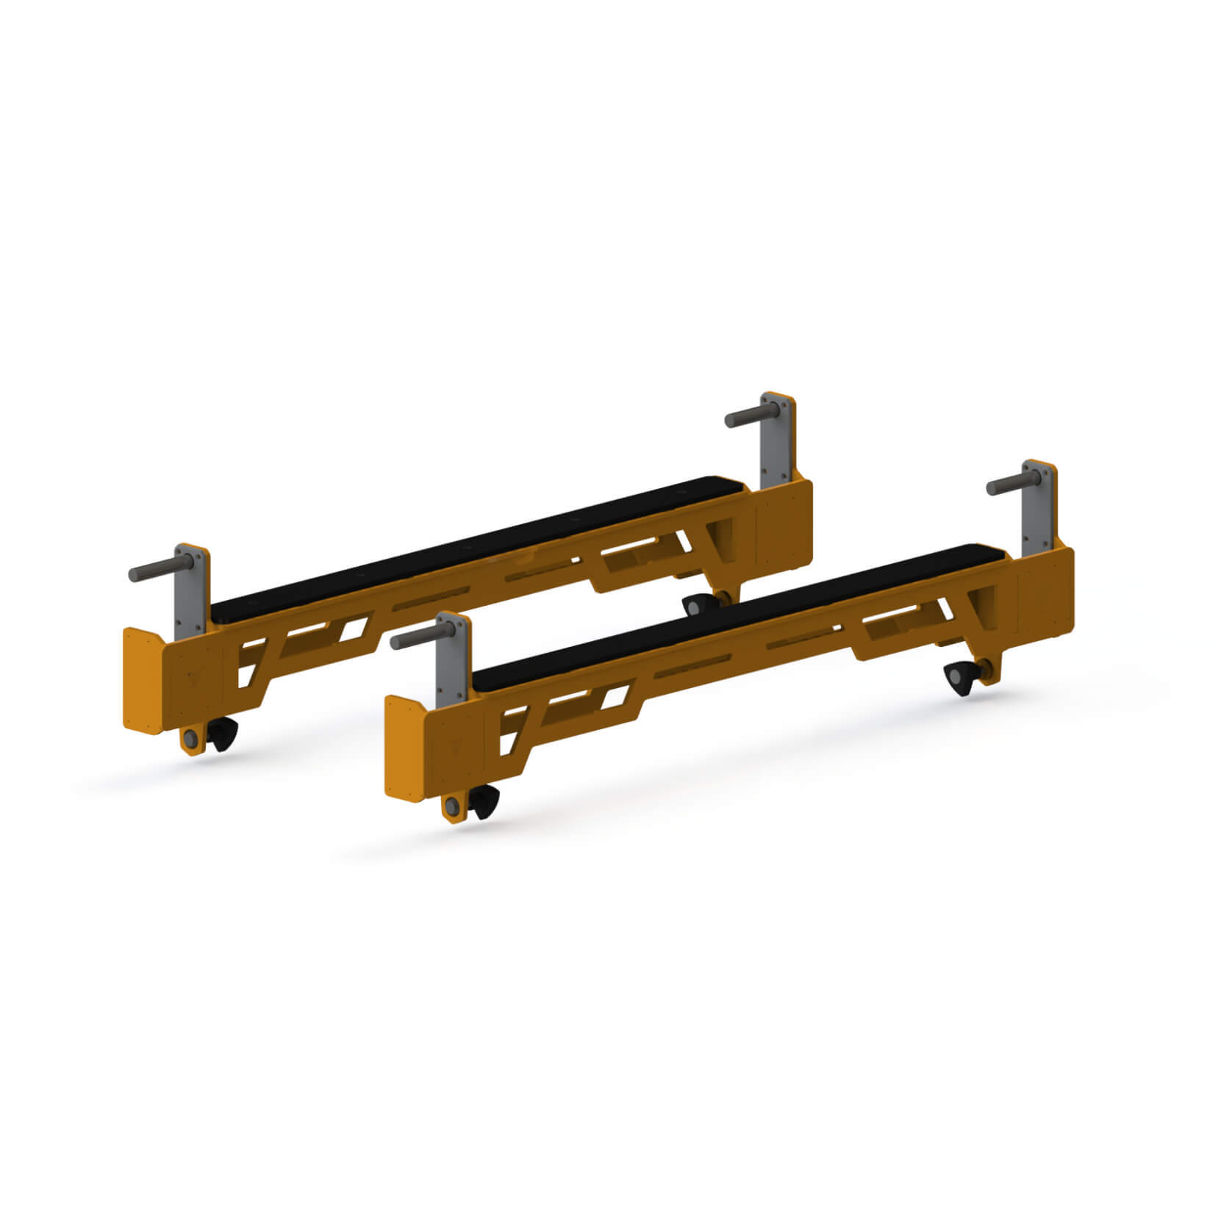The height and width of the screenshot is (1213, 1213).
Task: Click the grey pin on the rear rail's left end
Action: click(x=153, y=571)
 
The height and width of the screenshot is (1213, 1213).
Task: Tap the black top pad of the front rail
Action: click(x=735, y=610)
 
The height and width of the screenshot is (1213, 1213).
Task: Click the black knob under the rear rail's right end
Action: click(x=694, y=606)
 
